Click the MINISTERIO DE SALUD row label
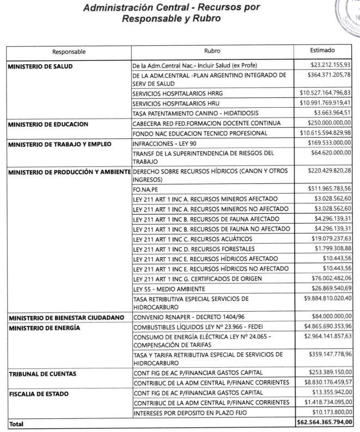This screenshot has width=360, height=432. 39,66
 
